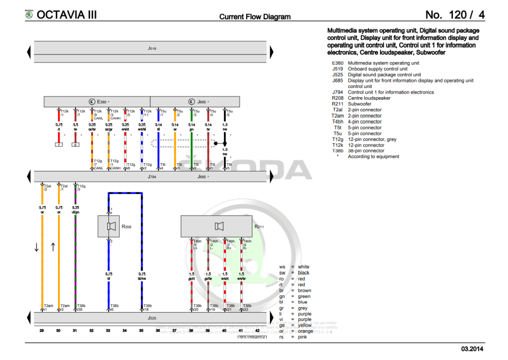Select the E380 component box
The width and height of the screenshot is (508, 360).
point(97,102)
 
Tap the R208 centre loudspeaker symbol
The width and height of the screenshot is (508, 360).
point(112,226)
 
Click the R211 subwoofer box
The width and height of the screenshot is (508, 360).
point(218,226)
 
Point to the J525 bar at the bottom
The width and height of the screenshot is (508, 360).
point(151,318)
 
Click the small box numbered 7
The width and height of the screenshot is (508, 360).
point(59,145)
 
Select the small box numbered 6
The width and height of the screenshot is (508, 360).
point(75,145)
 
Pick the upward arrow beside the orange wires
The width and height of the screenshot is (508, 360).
point(53,248)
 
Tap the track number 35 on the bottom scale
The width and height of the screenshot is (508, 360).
point(141,331)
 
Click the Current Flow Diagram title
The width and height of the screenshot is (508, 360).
point(255,17)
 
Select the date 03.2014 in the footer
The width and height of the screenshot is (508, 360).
point(472,349)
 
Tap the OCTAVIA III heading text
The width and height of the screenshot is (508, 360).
point(67,15)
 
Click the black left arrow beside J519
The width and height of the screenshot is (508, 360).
point(29,51)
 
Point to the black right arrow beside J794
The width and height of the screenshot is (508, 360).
point(271,176)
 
